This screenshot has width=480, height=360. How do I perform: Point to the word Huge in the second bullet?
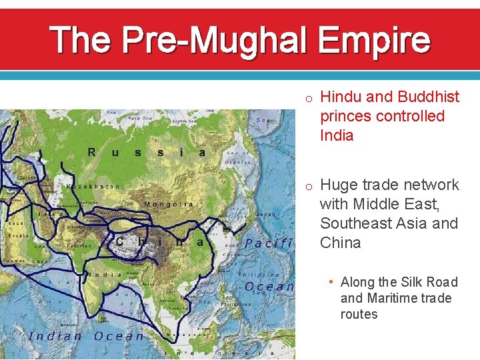[x=338, y=185]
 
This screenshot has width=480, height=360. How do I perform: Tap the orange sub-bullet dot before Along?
[x=332, y=281]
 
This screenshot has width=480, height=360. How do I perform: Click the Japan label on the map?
[x=266, y=215]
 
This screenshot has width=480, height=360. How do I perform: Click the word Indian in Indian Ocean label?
[x=55, y=336]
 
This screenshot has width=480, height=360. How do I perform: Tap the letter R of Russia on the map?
[x=92, y=152]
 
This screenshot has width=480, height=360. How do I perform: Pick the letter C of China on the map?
[x=121, y=241]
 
